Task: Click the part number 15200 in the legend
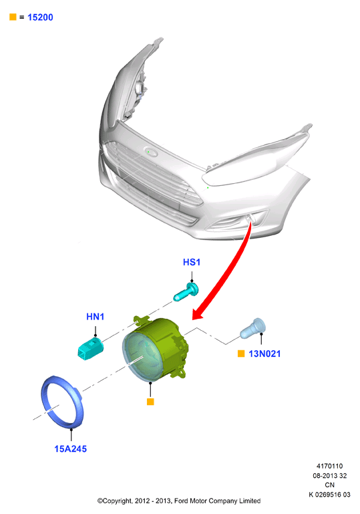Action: (x=40, y=17)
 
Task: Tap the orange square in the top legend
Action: (x=13, y=17)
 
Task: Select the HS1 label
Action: (x=192, y=262)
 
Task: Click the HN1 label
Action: (x=96, y=317)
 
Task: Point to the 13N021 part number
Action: (x=264, y=354)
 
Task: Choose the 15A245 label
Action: (x=70, y=449)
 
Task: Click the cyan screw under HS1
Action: (x=186, y=292)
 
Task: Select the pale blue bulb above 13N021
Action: (x=253, y=328)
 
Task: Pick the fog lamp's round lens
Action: (x=142, y=356)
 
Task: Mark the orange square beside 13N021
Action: (x=241, y=354)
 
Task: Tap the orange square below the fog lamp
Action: (x=150, y=402)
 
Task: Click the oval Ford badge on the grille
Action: (x=151, y=152)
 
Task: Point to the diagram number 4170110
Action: (x=329, y=466)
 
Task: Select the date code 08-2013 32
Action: (x=329, y=476)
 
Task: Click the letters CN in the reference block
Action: (x=329, y=485)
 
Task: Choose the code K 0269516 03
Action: (x=329, y=495)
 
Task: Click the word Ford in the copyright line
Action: (x=181, y=501)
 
